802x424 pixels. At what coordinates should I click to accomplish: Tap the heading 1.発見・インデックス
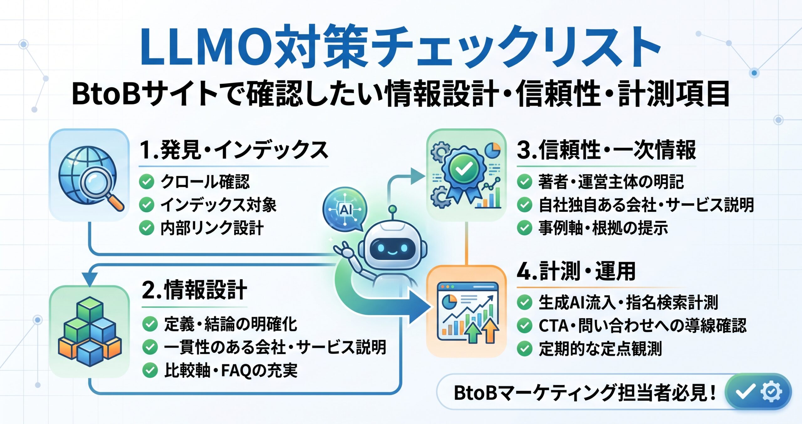(x=234, y=150)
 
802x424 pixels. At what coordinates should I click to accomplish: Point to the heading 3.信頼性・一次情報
(x=606, y=150)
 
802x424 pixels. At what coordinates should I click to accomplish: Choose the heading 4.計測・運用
(x=576, y=271)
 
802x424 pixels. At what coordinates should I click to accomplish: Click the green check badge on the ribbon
(x=464, y=169)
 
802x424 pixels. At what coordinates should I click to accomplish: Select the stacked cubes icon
(x=90, y=331)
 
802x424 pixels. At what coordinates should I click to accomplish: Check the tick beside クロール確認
(x=146, y=182)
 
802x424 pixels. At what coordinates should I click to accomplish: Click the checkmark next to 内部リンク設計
(x=146, y=228)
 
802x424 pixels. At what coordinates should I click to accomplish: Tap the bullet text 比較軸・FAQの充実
(x=231, y=370)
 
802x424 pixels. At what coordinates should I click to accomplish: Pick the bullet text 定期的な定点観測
(x=600, y=348)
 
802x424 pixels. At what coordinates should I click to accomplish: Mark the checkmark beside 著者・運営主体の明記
(x=524, y=182)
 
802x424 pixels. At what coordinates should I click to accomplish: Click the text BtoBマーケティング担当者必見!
(x=585, y=392)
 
